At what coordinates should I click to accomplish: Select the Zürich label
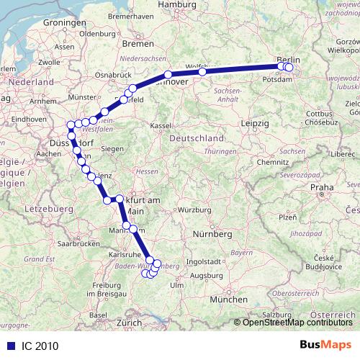point(129,323)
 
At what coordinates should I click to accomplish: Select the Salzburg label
point(276,314)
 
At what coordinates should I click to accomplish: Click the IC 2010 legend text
point(34,346)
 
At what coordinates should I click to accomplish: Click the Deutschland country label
point(194,137)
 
